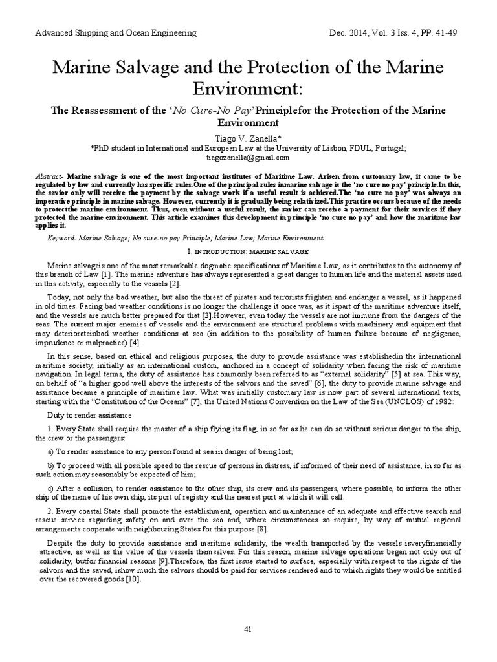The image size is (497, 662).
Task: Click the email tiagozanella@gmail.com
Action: tap(248, 157)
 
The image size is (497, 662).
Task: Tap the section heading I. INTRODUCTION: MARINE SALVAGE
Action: tap(248, 250)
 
